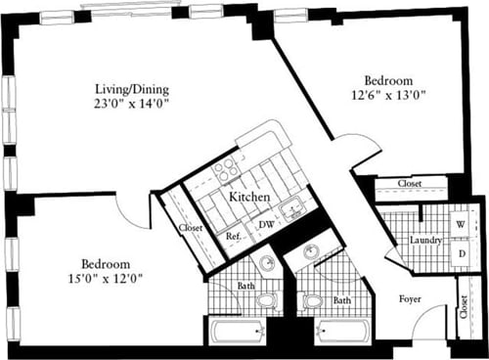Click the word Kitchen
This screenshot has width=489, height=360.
[x=249, y=197]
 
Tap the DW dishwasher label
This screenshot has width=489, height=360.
[x=264, y=224]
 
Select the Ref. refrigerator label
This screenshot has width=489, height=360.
[x=234, y=236]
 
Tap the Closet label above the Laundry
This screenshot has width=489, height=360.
[x=410, y=184]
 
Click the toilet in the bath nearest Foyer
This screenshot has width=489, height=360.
[x=312, y=300]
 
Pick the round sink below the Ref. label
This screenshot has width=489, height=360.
[x=266, y=264]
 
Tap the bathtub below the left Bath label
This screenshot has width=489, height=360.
[x=238, y=331]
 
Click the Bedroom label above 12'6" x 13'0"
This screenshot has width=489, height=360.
[x=389, y=80]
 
